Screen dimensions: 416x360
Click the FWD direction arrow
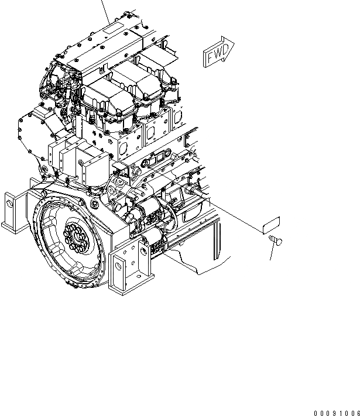[x=218, y=53]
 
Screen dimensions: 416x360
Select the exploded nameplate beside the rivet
[x=270, y=225]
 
